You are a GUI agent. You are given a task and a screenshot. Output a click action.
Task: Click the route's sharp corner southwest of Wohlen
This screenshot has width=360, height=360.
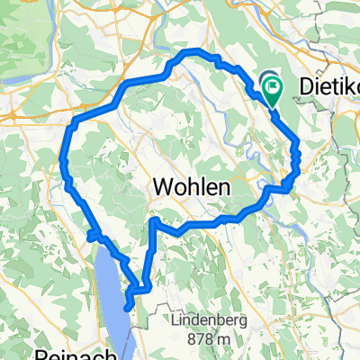click(154, 220)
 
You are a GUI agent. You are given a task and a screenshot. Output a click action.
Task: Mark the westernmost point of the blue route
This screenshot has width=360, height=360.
click(62, 160)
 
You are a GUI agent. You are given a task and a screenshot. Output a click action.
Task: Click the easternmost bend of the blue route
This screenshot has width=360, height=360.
click(298, 144)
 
